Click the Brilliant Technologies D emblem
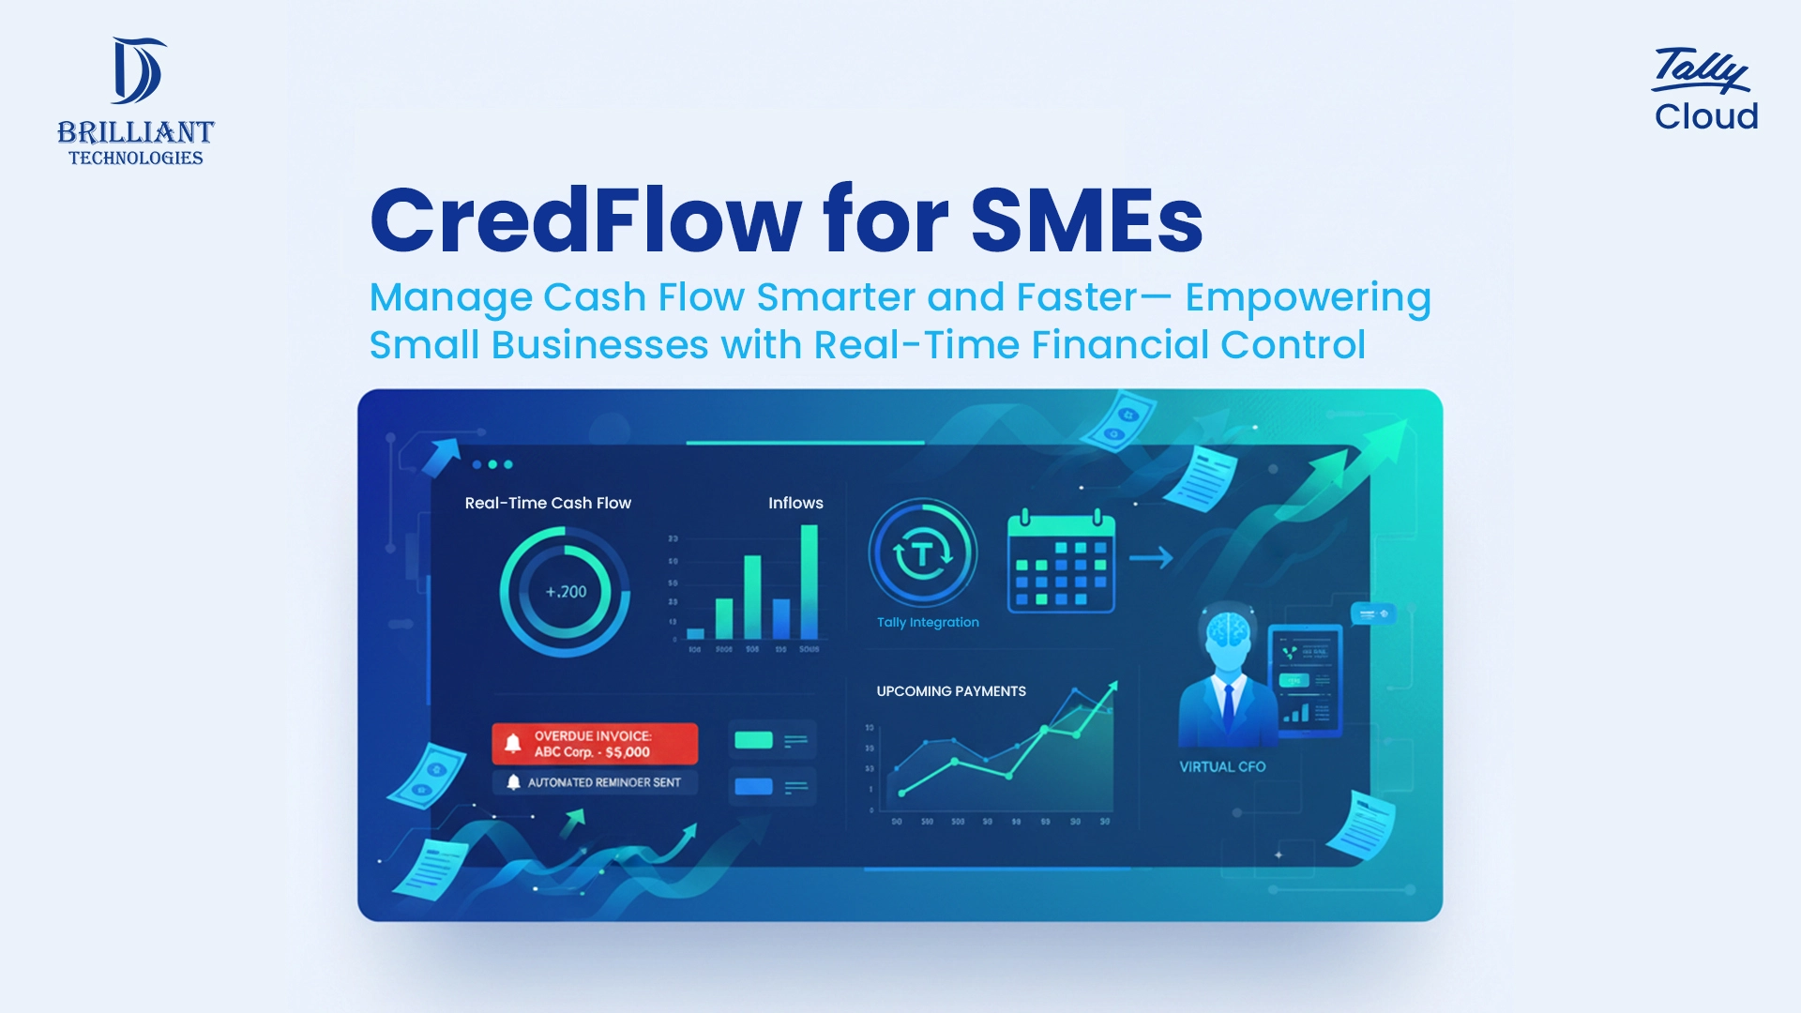pos(137,70)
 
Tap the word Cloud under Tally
pos(1705,116)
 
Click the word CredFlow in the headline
pos(585,220)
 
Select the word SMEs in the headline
pos(1086,220)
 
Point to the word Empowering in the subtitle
pos(1308,297)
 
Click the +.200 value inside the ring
pos(566,592)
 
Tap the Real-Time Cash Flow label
pos(548,503)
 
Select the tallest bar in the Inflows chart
pos(809,582)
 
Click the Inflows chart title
pos(795,503)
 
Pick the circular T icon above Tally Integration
pos(923,553)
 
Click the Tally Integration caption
pos(928,622)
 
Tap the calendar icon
pos(1061,561)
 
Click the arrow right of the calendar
pos(1151,558)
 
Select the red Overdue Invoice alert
pos(595,744)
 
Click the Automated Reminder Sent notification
pos(595,782)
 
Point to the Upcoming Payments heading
pos(951,691)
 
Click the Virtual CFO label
pos(1222,766)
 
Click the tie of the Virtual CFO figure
pos(1228,707)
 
